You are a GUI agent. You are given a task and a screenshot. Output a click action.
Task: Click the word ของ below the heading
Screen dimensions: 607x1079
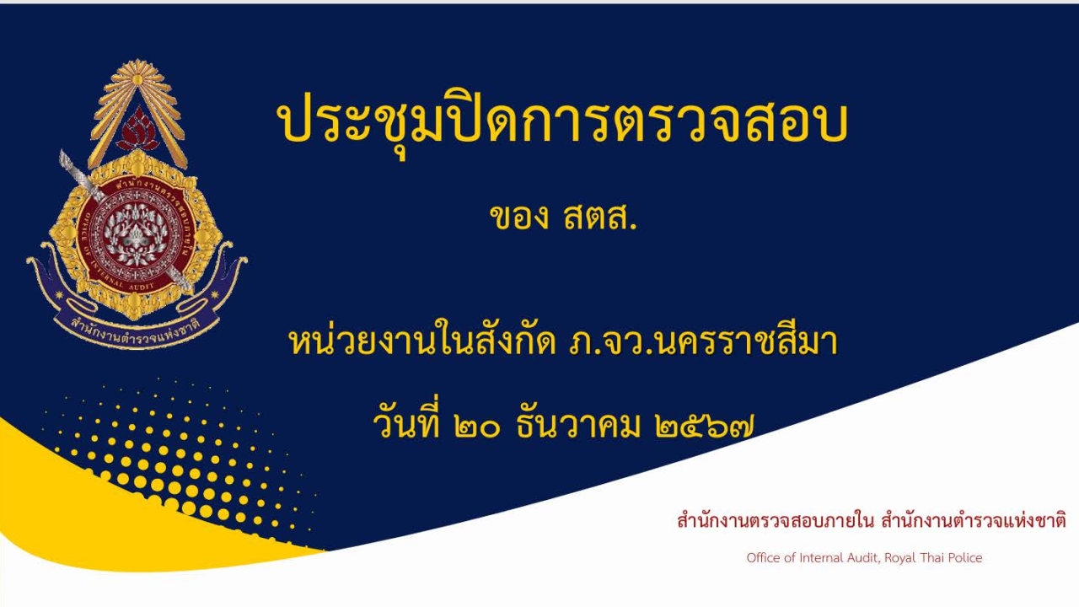click(518, 218)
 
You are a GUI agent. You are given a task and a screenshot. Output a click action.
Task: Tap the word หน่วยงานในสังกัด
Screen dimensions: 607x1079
click(420, 344)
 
